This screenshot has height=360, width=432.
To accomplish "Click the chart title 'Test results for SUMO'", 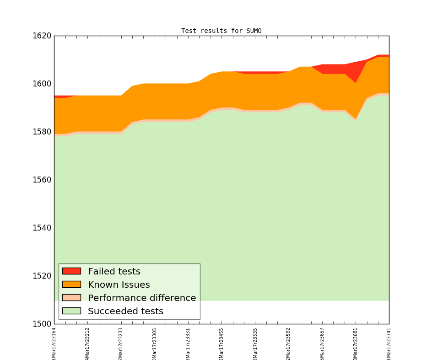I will click(x=221, y=31).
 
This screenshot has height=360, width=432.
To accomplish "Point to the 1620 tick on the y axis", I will click(x=42, y=36).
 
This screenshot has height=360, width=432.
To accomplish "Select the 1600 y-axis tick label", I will click(x=42, y=84).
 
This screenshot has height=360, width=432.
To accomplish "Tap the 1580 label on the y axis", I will click(x=42, y=132).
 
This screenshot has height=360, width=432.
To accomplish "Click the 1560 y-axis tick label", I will click(x=42, y=180).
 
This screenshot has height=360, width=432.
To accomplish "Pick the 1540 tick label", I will click(x=42, y=228).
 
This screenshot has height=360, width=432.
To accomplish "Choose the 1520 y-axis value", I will click(x=42, y=276).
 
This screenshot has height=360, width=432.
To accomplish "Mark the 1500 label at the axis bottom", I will click(x=42, y=324).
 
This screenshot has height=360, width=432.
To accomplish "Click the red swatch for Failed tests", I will click(x=71, y=271).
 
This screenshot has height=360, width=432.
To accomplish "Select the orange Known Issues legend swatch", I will click(x=71, y=285).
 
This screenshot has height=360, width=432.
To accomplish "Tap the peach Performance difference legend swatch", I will click(x=71, y=298).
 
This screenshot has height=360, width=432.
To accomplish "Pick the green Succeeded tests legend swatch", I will click(x=71, y=311).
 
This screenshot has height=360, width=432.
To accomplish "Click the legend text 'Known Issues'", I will click(x=119, y=285).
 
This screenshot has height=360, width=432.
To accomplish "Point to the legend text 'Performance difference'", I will click(x=142, y=298).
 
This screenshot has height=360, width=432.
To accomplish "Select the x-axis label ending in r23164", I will click(x=54, y=344).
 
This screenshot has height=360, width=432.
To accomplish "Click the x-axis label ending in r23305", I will click(x=155, y=344).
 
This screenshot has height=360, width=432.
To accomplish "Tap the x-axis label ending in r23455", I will click(x=221, y=344).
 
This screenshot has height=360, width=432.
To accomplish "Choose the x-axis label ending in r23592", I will click(x=288, y=344).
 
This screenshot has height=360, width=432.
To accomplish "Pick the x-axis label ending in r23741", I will click(x=389, y=344).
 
